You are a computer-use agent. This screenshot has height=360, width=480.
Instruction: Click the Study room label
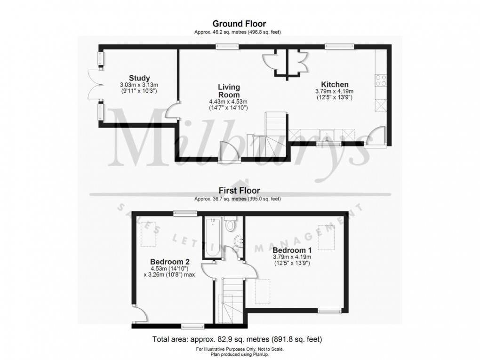pos(139,78)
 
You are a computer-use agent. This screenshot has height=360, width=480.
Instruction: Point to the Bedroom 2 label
pos(169,262)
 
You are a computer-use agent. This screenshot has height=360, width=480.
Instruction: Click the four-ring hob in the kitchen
pos(380,80)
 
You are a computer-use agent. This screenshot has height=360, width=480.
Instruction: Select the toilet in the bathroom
pos(231,224)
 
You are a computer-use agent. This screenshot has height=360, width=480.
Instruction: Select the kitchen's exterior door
pos(375,137)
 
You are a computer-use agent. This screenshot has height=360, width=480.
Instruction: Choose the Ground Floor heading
pos(239,24)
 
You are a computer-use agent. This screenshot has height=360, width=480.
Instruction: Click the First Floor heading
pos(239,191)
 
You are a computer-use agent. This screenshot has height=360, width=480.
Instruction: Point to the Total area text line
pos(237,339)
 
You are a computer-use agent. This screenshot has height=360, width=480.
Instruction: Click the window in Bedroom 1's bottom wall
pos(329,310)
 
